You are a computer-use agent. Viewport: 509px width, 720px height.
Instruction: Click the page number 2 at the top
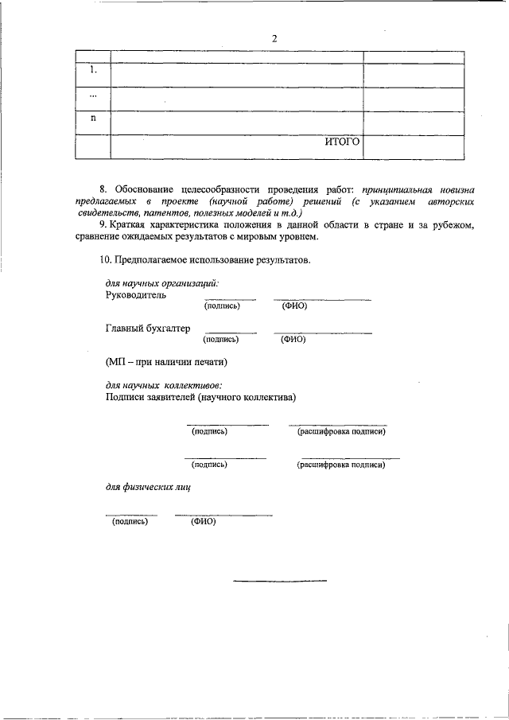click(x=274, y=39)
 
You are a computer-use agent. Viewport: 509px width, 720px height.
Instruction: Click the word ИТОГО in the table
click(x=342, y=142)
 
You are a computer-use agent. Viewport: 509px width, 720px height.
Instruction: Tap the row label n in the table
click(x=93, y=118)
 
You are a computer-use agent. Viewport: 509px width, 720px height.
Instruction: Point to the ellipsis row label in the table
click(x=93, y=95)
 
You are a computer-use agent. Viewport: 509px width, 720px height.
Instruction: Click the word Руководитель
click(x=136, y=294)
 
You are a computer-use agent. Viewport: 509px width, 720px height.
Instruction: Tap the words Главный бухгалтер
click(x=147, y=328)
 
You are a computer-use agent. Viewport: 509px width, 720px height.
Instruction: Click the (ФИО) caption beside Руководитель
click(x=293, y=306)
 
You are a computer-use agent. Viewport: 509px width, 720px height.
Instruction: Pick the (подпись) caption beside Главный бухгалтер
click(x=221, y=339)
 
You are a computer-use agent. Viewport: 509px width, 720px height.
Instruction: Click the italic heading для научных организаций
click(x=162, y=283)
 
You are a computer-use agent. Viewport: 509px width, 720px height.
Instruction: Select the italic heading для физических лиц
click(x=148, y=486)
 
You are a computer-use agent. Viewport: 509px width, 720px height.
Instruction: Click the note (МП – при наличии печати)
click(x=166, y=362)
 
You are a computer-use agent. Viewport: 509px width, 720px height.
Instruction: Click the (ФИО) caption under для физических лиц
click(x=203, y=522)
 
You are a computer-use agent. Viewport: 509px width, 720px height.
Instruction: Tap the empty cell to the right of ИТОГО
click(x=413, y=147)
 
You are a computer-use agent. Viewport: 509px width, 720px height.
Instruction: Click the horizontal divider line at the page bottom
click(x=279, y=580)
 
